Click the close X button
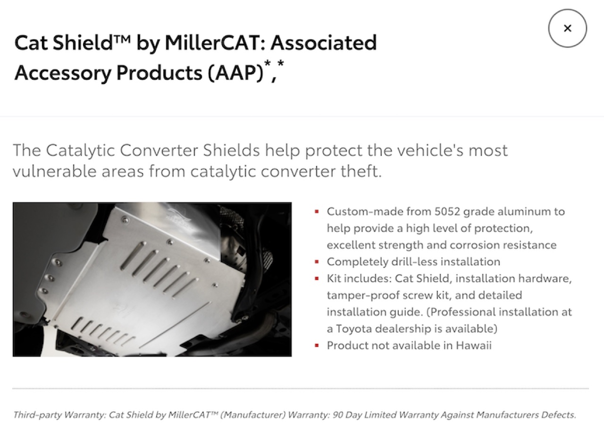567,28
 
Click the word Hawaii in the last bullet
474,345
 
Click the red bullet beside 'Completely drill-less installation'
317,262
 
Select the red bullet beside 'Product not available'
317,345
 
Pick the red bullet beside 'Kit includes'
317,278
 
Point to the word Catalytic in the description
80,150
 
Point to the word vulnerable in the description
54,171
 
